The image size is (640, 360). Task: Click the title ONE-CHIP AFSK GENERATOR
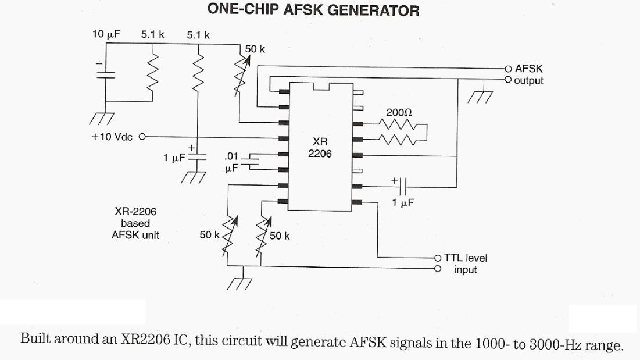pos(313,10)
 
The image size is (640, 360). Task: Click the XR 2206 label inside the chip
pos(320,148)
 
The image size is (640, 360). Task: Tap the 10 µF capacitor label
pos(106,34)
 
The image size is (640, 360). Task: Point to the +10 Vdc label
pos(112,137)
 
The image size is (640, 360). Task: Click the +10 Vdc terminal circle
pos(141,137)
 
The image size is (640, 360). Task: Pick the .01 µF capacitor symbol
pos(252,161)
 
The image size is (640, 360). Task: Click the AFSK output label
pos(528,74)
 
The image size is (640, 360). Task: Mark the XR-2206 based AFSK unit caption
pos(135,223)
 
